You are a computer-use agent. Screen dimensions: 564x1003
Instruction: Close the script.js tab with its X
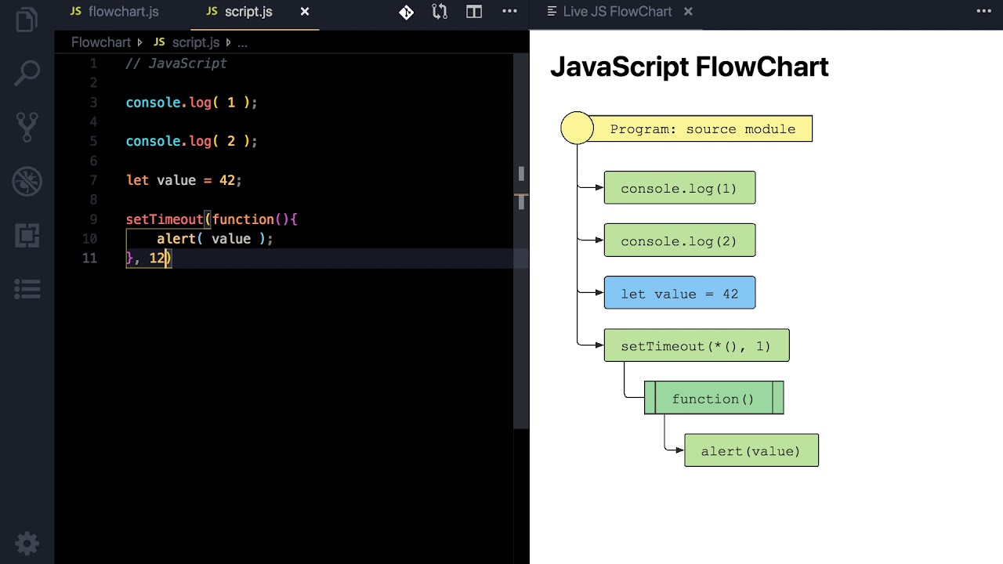point(305,12)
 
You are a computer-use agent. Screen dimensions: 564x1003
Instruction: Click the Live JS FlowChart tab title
point(617,12)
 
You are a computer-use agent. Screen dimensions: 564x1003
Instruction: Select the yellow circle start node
point(578,128)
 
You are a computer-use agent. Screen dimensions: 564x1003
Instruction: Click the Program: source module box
point(702,129)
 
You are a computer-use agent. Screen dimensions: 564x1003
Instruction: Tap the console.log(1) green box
point(679,188)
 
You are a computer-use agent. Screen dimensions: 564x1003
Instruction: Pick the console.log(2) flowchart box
point(679,240)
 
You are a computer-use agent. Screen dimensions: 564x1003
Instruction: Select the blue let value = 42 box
point(679,293)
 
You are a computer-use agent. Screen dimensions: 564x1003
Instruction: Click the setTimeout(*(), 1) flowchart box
point(696,345)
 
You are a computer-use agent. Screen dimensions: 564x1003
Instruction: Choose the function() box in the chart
point(713,399)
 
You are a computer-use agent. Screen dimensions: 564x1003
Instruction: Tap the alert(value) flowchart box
point(751,451)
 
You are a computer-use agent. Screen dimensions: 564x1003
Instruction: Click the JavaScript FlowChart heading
point(689,67)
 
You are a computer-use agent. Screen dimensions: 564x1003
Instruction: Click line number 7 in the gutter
point(93,180)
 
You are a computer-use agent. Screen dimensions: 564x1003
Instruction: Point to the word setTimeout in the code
point(165,219)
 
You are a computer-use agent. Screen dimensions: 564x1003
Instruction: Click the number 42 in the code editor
point(227,180)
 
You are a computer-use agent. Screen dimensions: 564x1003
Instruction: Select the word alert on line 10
point(176,239)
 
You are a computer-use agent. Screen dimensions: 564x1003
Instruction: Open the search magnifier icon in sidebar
point(27,74)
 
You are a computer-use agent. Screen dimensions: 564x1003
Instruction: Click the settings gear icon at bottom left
point(27,543)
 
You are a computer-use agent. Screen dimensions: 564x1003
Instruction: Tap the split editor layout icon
point(474,12)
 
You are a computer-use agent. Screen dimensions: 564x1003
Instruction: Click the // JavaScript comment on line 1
point(176,63)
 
